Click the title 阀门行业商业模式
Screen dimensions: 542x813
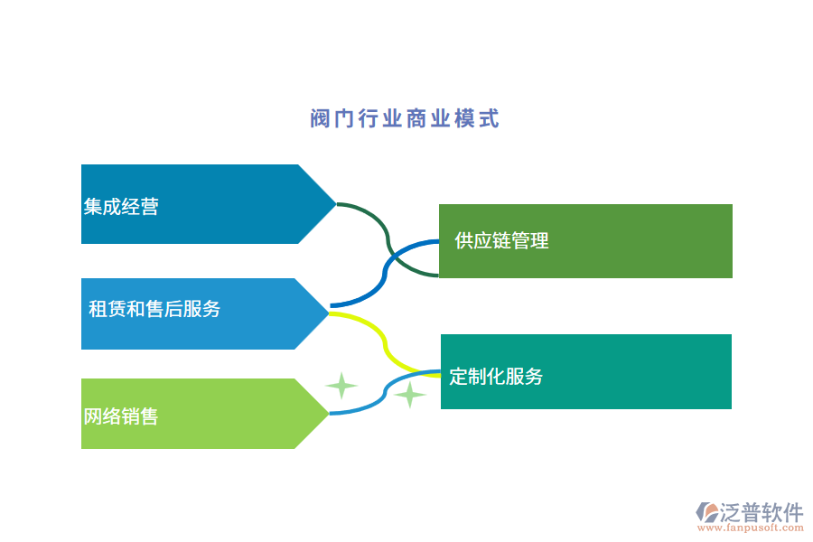coord(405,119)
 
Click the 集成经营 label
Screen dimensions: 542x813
coord(121,207)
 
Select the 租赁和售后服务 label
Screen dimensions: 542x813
coord(154,309)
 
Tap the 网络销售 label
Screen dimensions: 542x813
coord(121,416)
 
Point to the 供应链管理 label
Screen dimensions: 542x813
coord(501,240)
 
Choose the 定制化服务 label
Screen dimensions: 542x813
coord(496,377)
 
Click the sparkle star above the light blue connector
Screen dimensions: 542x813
coord(341,386)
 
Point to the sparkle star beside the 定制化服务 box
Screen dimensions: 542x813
coord(410,395)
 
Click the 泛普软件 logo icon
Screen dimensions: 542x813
coord(706,513)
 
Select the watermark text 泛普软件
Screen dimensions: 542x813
coord(762,512)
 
